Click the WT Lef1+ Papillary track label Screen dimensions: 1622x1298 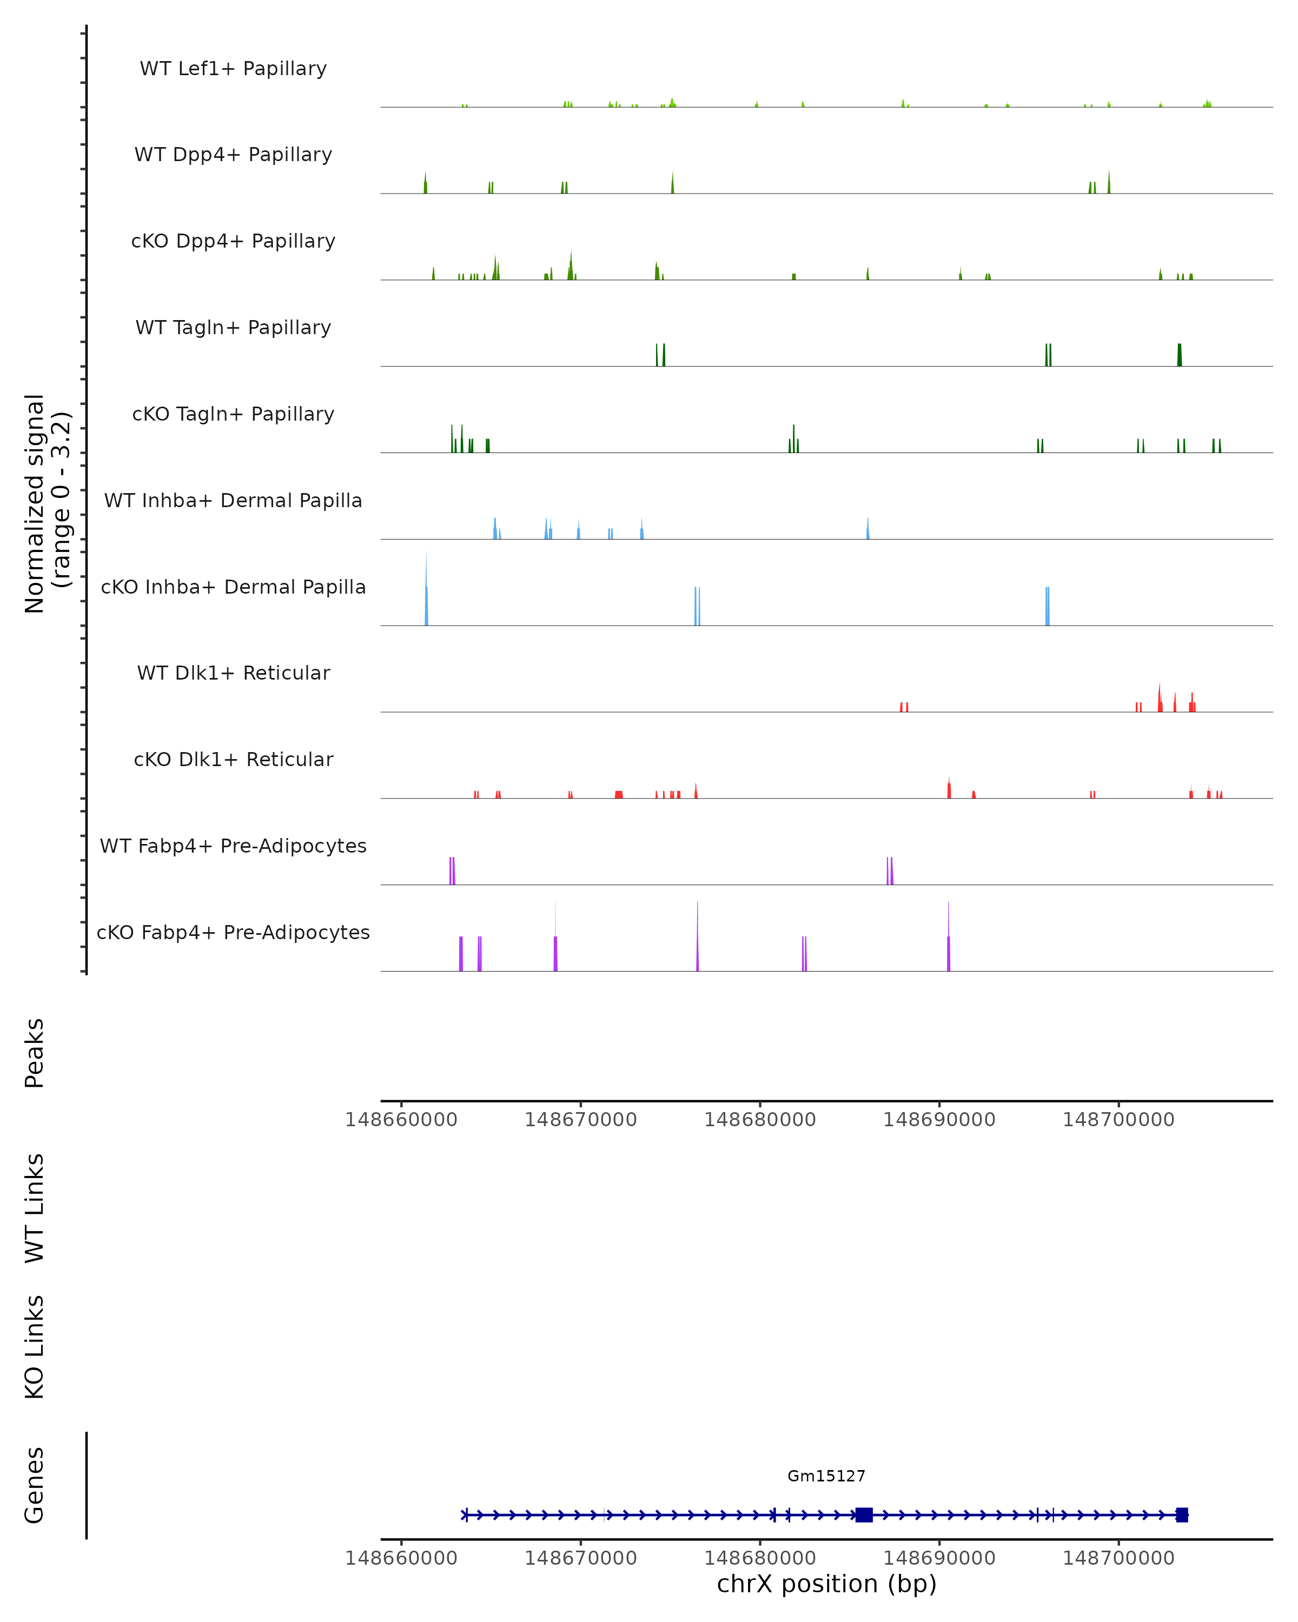point(233,69)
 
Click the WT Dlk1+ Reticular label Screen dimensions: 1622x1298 point(233,673)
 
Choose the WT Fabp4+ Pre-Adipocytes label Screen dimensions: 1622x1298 point(233,846)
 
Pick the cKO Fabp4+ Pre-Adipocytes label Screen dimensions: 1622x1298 point(233,932)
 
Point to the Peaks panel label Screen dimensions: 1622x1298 point(35,1053)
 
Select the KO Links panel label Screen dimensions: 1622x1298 point(35,1347)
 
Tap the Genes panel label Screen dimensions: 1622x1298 point(35,1485)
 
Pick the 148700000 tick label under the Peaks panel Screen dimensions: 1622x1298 point(1118,1120)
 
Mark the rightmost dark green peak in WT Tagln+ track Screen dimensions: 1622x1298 point(1179,355)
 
